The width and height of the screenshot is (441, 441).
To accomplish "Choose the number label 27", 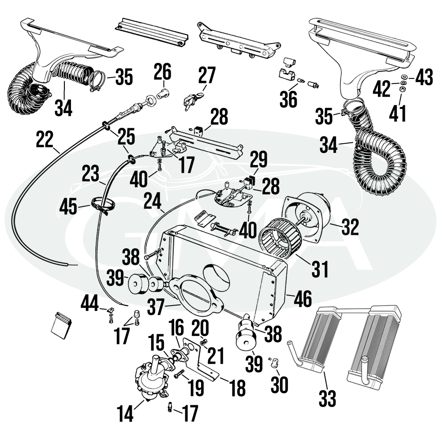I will (x=206, y=75).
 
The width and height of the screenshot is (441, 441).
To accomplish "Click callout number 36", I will (x=289, y=99).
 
